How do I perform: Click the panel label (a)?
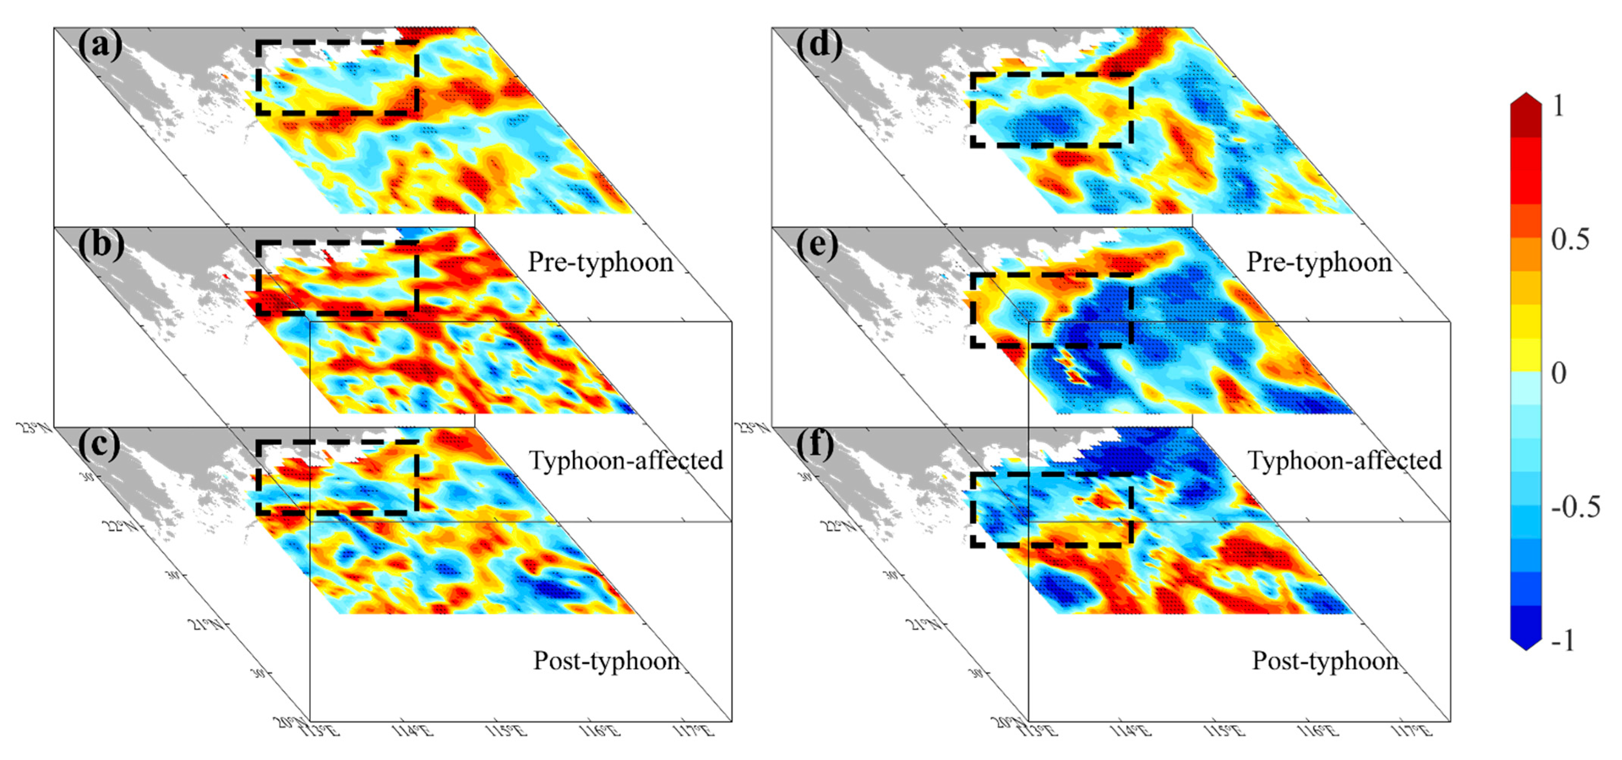click(x=100, y=45)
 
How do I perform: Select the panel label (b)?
click(x=101, y=245)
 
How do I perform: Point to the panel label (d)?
click(x=818, y=45)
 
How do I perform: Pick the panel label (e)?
click(x=817, y=245)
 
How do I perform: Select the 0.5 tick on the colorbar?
click(x=1570, y=240)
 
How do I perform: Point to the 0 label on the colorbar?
click(x=1559, y=373)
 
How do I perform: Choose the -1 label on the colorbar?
click(x=1563, y=640)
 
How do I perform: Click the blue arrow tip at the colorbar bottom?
click(x=1525, y=644)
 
